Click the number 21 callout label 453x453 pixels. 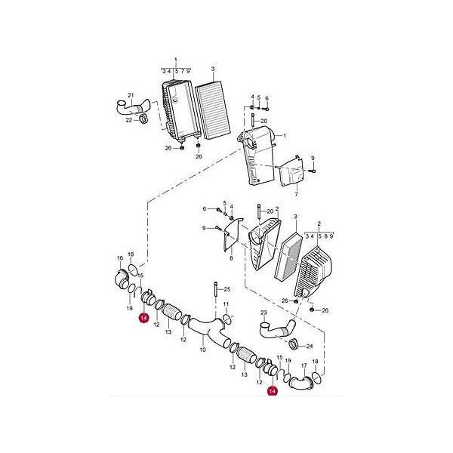coord(131,95)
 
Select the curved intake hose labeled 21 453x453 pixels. coord(133,107)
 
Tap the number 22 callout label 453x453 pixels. coord(129,120)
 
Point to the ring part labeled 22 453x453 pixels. coord(143,119)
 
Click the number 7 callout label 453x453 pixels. coord(296,195)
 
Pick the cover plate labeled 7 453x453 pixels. coord(291,171)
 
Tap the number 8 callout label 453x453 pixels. coord(231,258)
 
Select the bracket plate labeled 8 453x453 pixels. coord(233,235)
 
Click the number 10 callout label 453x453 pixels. coord(203,350)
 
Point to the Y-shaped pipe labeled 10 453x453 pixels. coord(208,331)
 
